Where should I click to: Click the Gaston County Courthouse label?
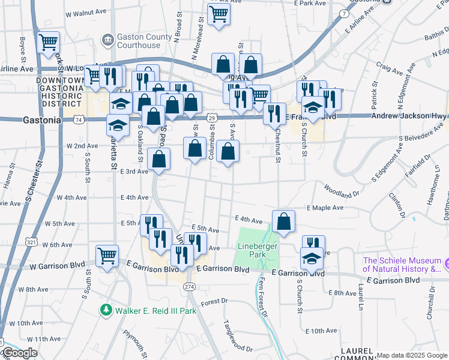point(144,41)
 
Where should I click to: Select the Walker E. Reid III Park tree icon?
point(106,310)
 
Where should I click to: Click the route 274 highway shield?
point(189,287)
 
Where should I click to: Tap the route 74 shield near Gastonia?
point(79,120)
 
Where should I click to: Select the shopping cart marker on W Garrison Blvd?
point(107,256)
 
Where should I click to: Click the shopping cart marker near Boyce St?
point(48,43)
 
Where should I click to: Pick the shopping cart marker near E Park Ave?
point(219,14)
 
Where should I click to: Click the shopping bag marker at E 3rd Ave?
point(159,159)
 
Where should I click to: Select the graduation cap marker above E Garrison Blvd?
point(312,259)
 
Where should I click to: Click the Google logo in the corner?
point(20,353)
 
